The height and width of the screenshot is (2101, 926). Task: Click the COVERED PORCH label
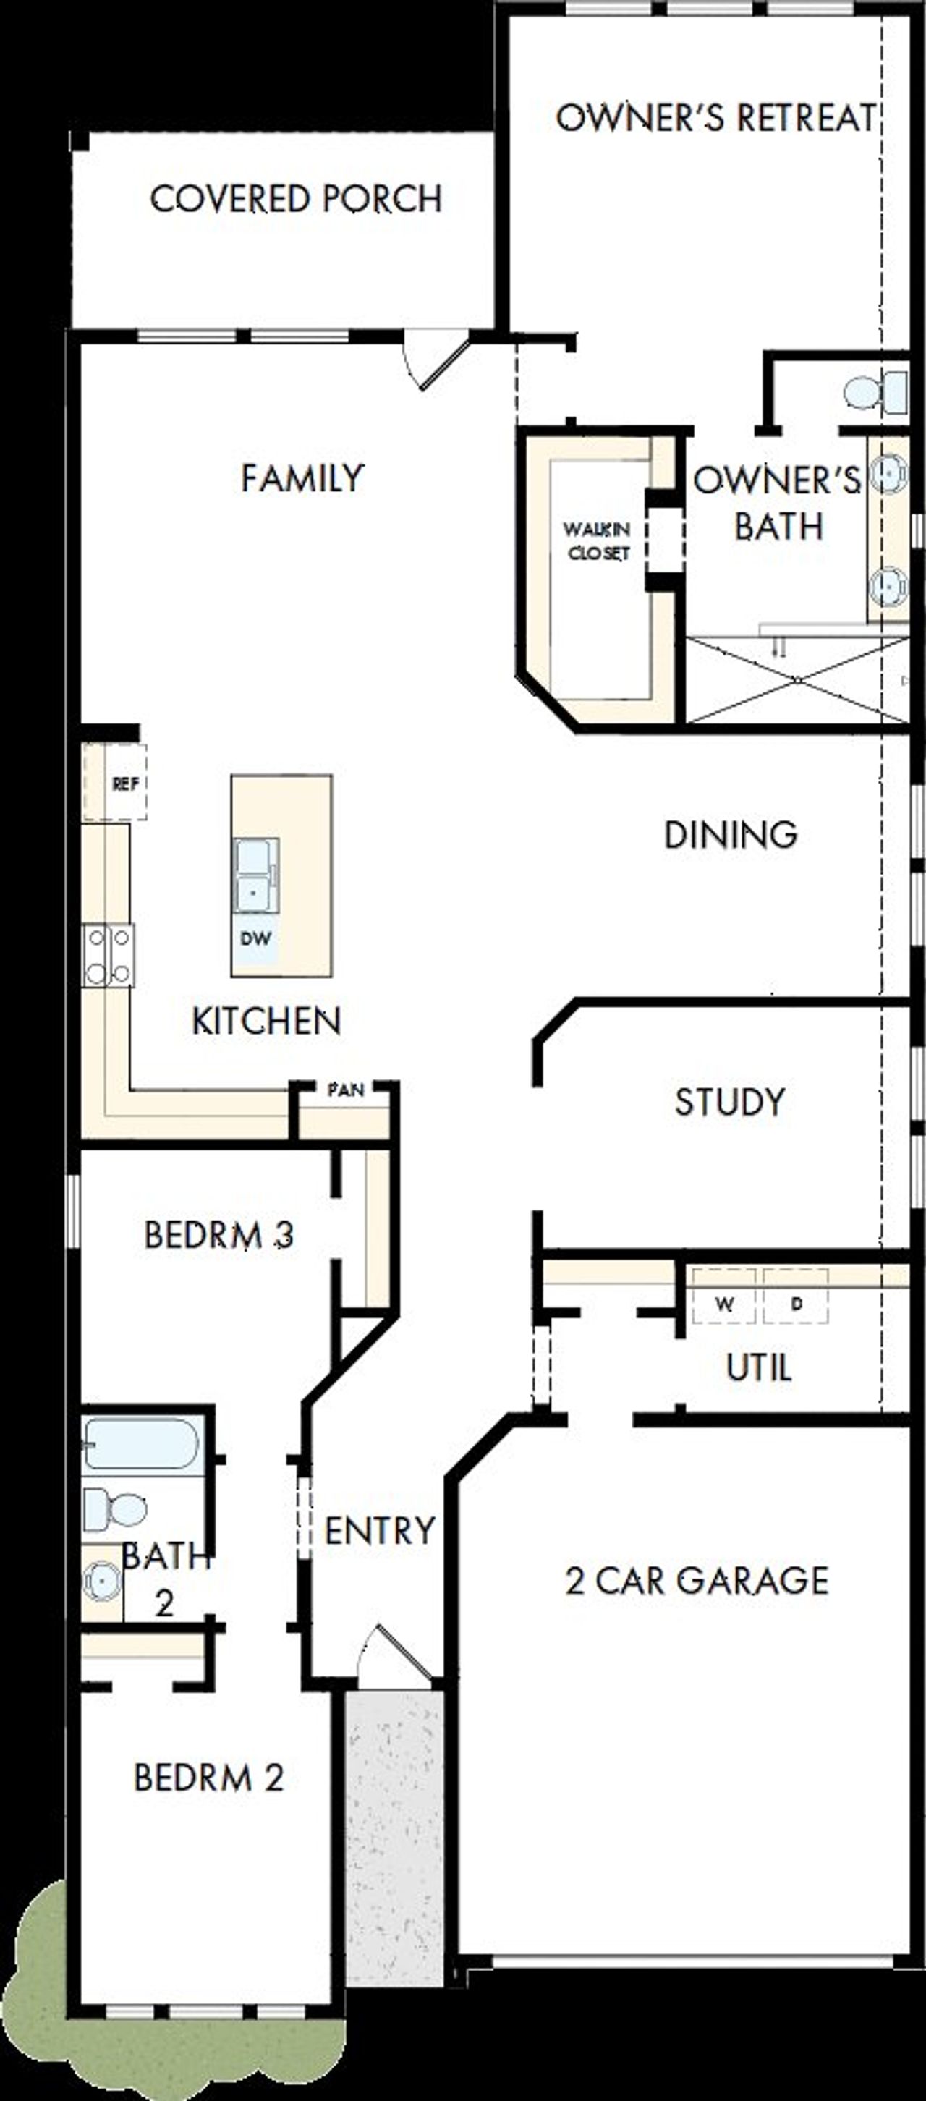click(x=296, y=199)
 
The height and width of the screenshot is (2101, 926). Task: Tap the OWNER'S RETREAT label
click(x=715, y=117)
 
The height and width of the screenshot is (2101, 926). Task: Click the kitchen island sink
click(x=255, y=875)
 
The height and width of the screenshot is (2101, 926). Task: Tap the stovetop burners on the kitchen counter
click(x=109, y=955)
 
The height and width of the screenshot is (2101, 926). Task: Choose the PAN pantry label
click(x=345, y=1090)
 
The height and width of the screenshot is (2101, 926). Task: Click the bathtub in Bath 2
click(x=142, y=1443)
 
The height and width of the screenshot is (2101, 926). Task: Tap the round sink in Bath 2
click(x=102, y=1581)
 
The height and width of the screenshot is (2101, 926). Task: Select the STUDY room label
click(x=729, y=1103)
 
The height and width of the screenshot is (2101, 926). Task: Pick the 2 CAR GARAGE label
click(x=697, y=1581)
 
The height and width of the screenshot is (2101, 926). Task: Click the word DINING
click(x=730, y=834)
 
